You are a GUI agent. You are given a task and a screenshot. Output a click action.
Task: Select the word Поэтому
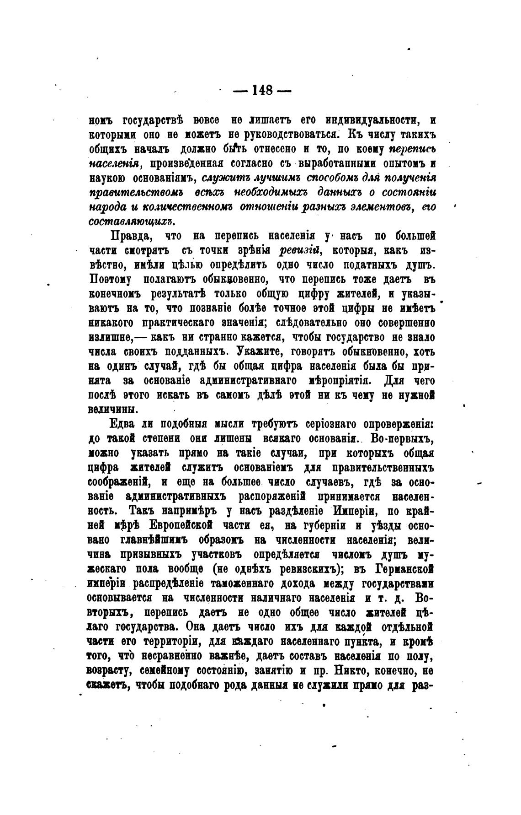(110, 279)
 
